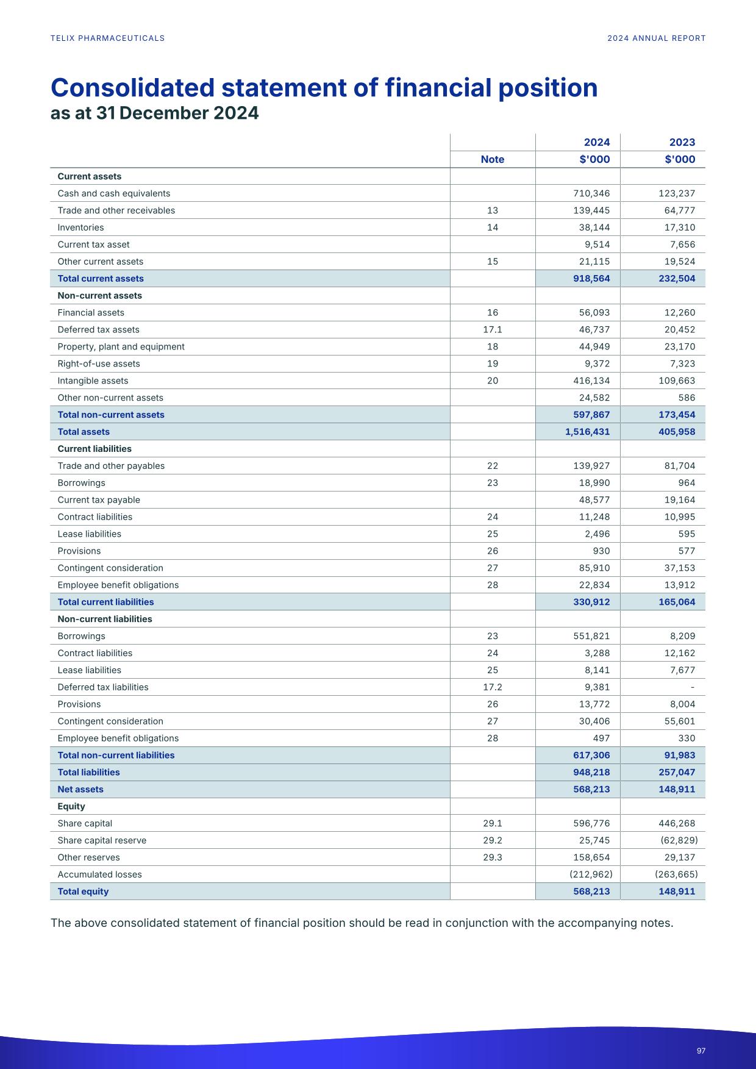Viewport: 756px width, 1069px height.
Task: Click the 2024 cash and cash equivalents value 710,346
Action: [x=591, y=193]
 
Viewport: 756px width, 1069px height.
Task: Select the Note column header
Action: [x=492, y=159]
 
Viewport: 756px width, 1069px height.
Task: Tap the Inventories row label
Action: [x=80, y=227]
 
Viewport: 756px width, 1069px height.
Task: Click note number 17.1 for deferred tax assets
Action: [x=492, y=330]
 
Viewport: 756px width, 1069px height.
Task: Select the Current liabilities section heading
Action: [x=94, y=449]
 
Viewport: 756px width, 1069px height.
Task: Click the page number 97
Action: [x=701, y=1051]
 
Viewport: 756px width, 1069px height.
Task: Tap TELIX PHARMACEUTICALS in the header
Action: [x=107, y=38]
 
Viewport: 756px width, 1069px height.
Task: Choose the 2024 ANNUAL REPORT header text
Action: [x=656, y=38]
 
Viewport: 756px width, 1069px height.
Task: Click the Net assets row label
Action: [x=80, y=789]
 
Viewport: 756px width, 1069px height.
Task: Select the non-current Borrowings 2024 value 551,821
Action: [x=591, y=636]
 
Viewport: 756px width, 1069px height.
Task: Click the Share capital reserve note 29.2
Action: [x=492, y=840]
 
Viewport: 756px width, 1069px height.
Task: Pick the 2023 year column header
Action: [x=682, y=142]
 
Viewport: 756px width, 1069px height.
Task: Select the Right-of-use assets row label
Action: [x=99, y=364]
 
